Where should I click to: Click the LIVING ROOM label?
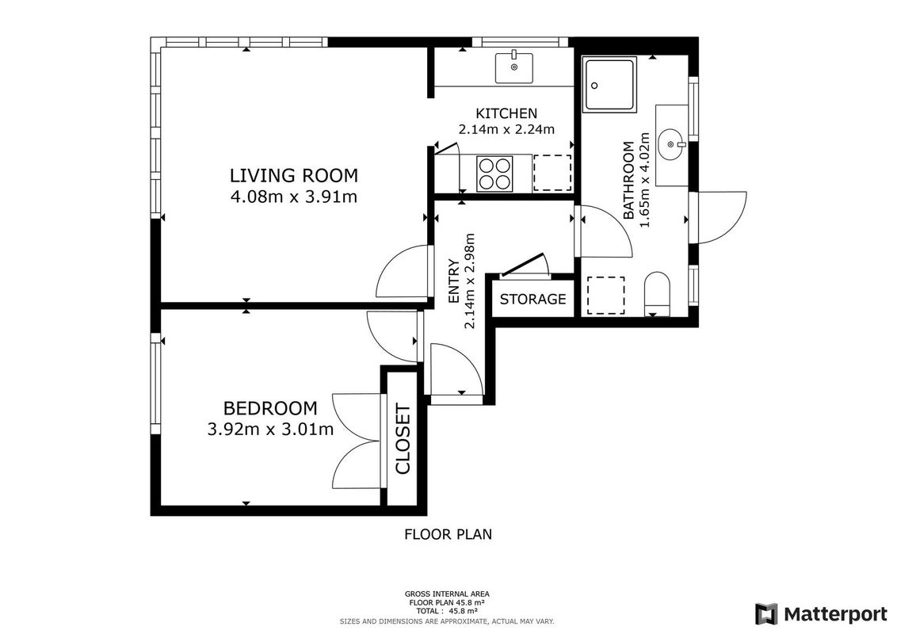pyautogui.click(x=293, y=175)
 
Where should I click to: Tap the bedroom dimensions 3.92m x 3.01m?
pyautogui.click(x=270, y=430)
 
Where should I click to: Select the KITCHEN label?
pyautogui.click(x=506, y=113)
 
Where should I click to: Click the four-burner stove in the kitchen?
pyautogui.click(x=494, y=174)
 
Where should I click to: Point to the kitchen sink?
pyautogui.click(x=513, y=67)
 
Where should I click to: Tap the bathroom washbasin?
pyautogui.click(x=673, y=145)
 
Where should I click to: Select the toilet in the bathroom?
pyautogui.click(x=657, y=294)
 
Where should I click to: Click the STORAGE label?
pyautogui.click(x=532, y=300)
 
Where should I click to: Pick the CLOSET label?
pyautogui.click(x=403, y=440)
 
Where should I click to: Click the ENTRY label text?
pyautogui.click(x=453, y=281)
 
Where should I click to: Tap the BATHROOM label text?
pyautogui.click(x=628, y=180)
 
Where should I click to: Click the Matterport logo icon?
pyautogui.click(x=766, y=614)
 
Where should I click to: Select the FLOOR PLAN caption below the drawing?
pyautogui.click(x=448, y=534)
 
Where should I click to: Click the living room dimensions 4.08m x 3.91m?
pyautogui.click(x=293, y=197)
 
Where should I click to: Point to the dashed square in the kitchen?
pyautogui.click(x=552, y=173)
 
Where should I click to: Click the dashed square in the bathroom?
pyautogui.click(x=606, y=296)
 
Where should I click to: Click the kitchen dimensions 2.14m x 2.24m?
pyautogui.click(x=506, y=130)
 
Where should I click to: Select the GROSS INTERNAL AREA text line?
pyautogui.click(x=447, y=594)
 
